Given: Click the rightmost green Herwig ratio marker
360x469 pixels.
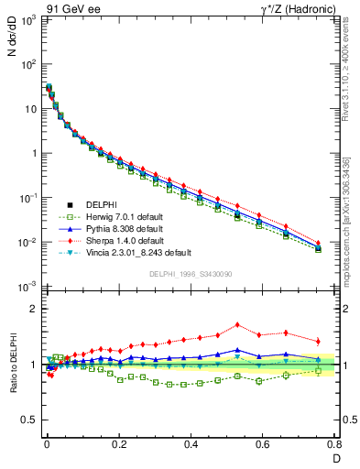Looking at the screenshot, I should tap(318, 371).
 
